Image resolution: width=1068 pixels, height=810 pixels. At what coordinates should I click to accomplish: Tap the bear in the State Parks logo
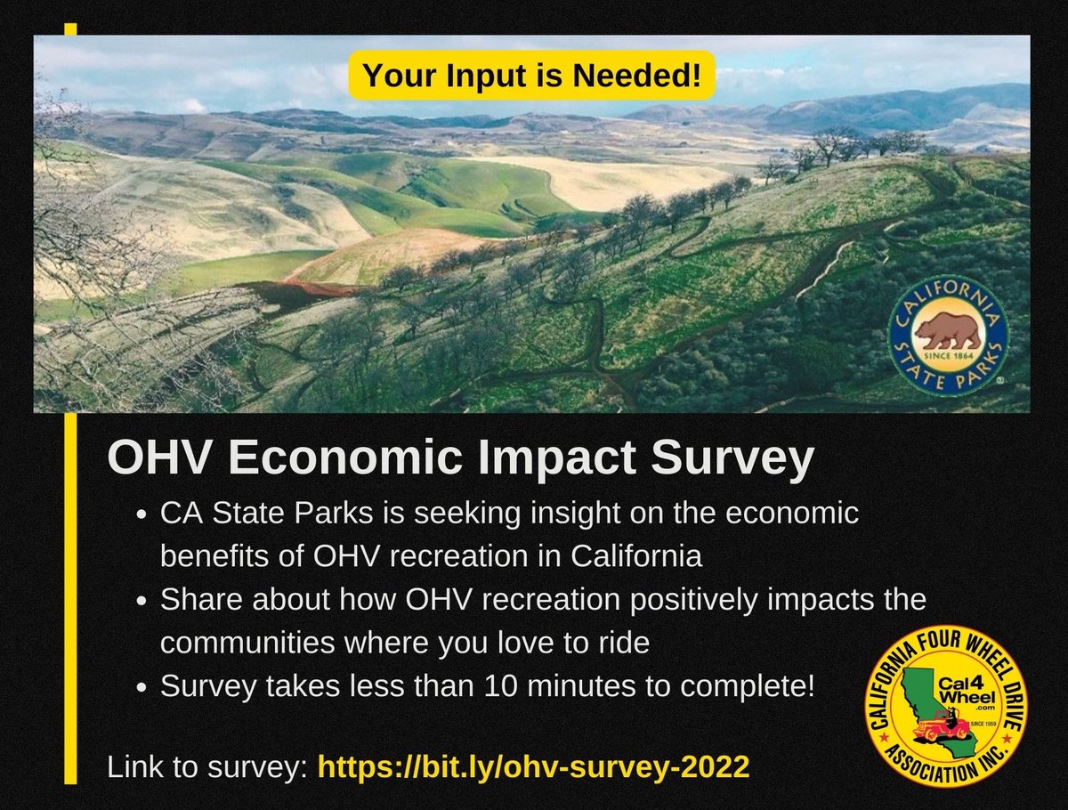[948, 330]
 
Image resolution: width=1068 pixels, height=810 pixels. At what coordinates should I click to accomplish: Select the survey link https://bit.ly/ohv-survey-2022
[533, 767]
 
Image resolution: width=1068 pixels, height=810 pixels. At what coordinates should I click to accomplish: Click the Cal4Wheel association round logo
[946, 705]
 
